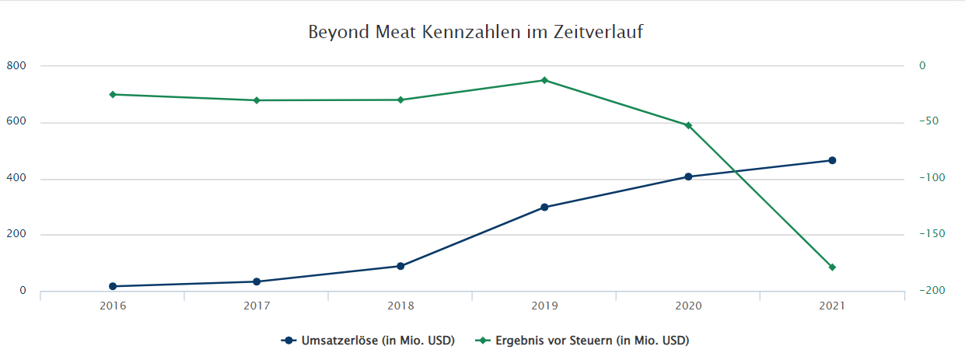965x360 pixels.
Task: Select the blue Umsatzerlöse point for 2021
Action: tap(832, 160)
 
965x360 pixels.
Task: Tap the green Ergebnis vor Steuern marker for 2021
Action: tap(832, 267)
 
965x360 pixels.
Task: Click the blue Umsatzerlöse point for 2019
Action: tap(544, 208)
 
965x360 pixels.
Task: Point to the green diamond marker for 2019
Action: tap(544, 80)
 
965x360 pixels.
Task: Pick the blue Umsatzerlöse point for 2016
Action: tap(113, 286)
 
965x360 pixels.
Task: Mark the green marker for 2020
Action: tap(688, 125)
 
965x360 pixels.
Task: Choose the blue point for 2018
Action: tap(400, 266)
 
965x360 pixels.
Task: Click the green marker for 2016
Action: tap(113, 94)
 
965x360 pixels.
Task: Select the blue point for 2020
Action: tap(688, 177)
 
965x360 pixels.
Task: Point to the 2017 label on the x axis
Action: tap(257, 307)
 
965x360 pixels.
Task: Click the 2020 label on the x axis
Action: tap(688, 307)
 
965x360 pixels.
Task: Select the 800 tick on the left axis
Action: tap(16, 66)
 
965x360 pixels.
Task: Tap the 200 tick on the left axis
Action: tap(16, 235)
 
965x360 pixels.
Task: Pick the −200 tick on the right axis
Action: tap(932, 291)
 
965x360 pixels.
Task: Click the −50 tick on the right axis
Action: tap(929, 122)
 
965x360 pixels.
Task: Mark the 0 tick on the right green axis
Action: tap(923, 66)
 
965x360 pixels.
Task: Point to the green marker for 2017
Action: tap(257, 100)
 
